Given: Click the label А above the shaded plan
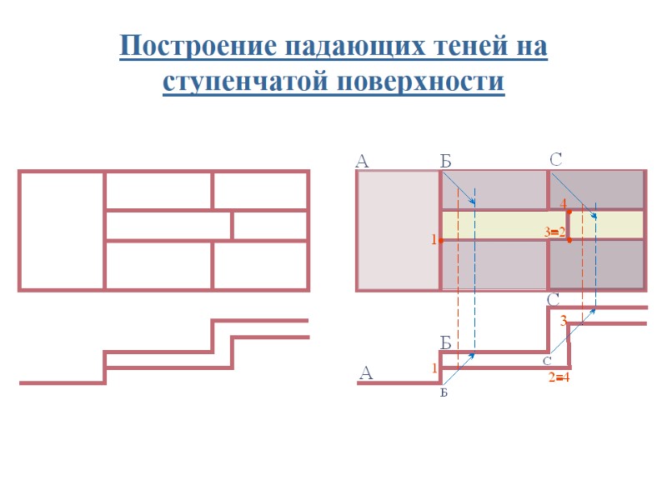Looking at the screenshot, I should click(x=362, y=162).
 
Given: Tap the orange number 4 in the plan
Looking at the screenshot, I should click(x=564, y=203).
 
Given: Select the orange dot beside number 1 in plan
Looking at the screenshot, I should click(x=441, y=240).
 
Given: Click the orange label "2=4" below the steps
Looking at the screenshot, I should click(x=559, y=378).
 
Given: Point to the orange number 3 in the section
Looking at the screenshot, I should click(x=564, y=321).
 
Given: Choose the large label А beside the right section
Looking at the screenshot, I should click(x=365, y=374).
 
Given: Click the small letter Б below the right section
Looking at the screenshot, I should click(x=444, y=392).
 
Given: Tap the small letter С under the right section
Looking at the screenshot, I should click(x=547, y=361).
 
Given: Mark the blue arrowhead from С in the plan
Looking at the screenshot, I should click(x=594, y=216).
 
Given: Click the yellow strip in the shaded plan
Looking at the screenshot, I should click(x=500, y=223).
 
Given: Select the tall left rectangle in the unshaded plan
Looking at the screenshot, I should click(x=62, y=231).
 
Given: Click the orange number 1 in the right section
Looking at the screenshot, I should click(x=434, y=367).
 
